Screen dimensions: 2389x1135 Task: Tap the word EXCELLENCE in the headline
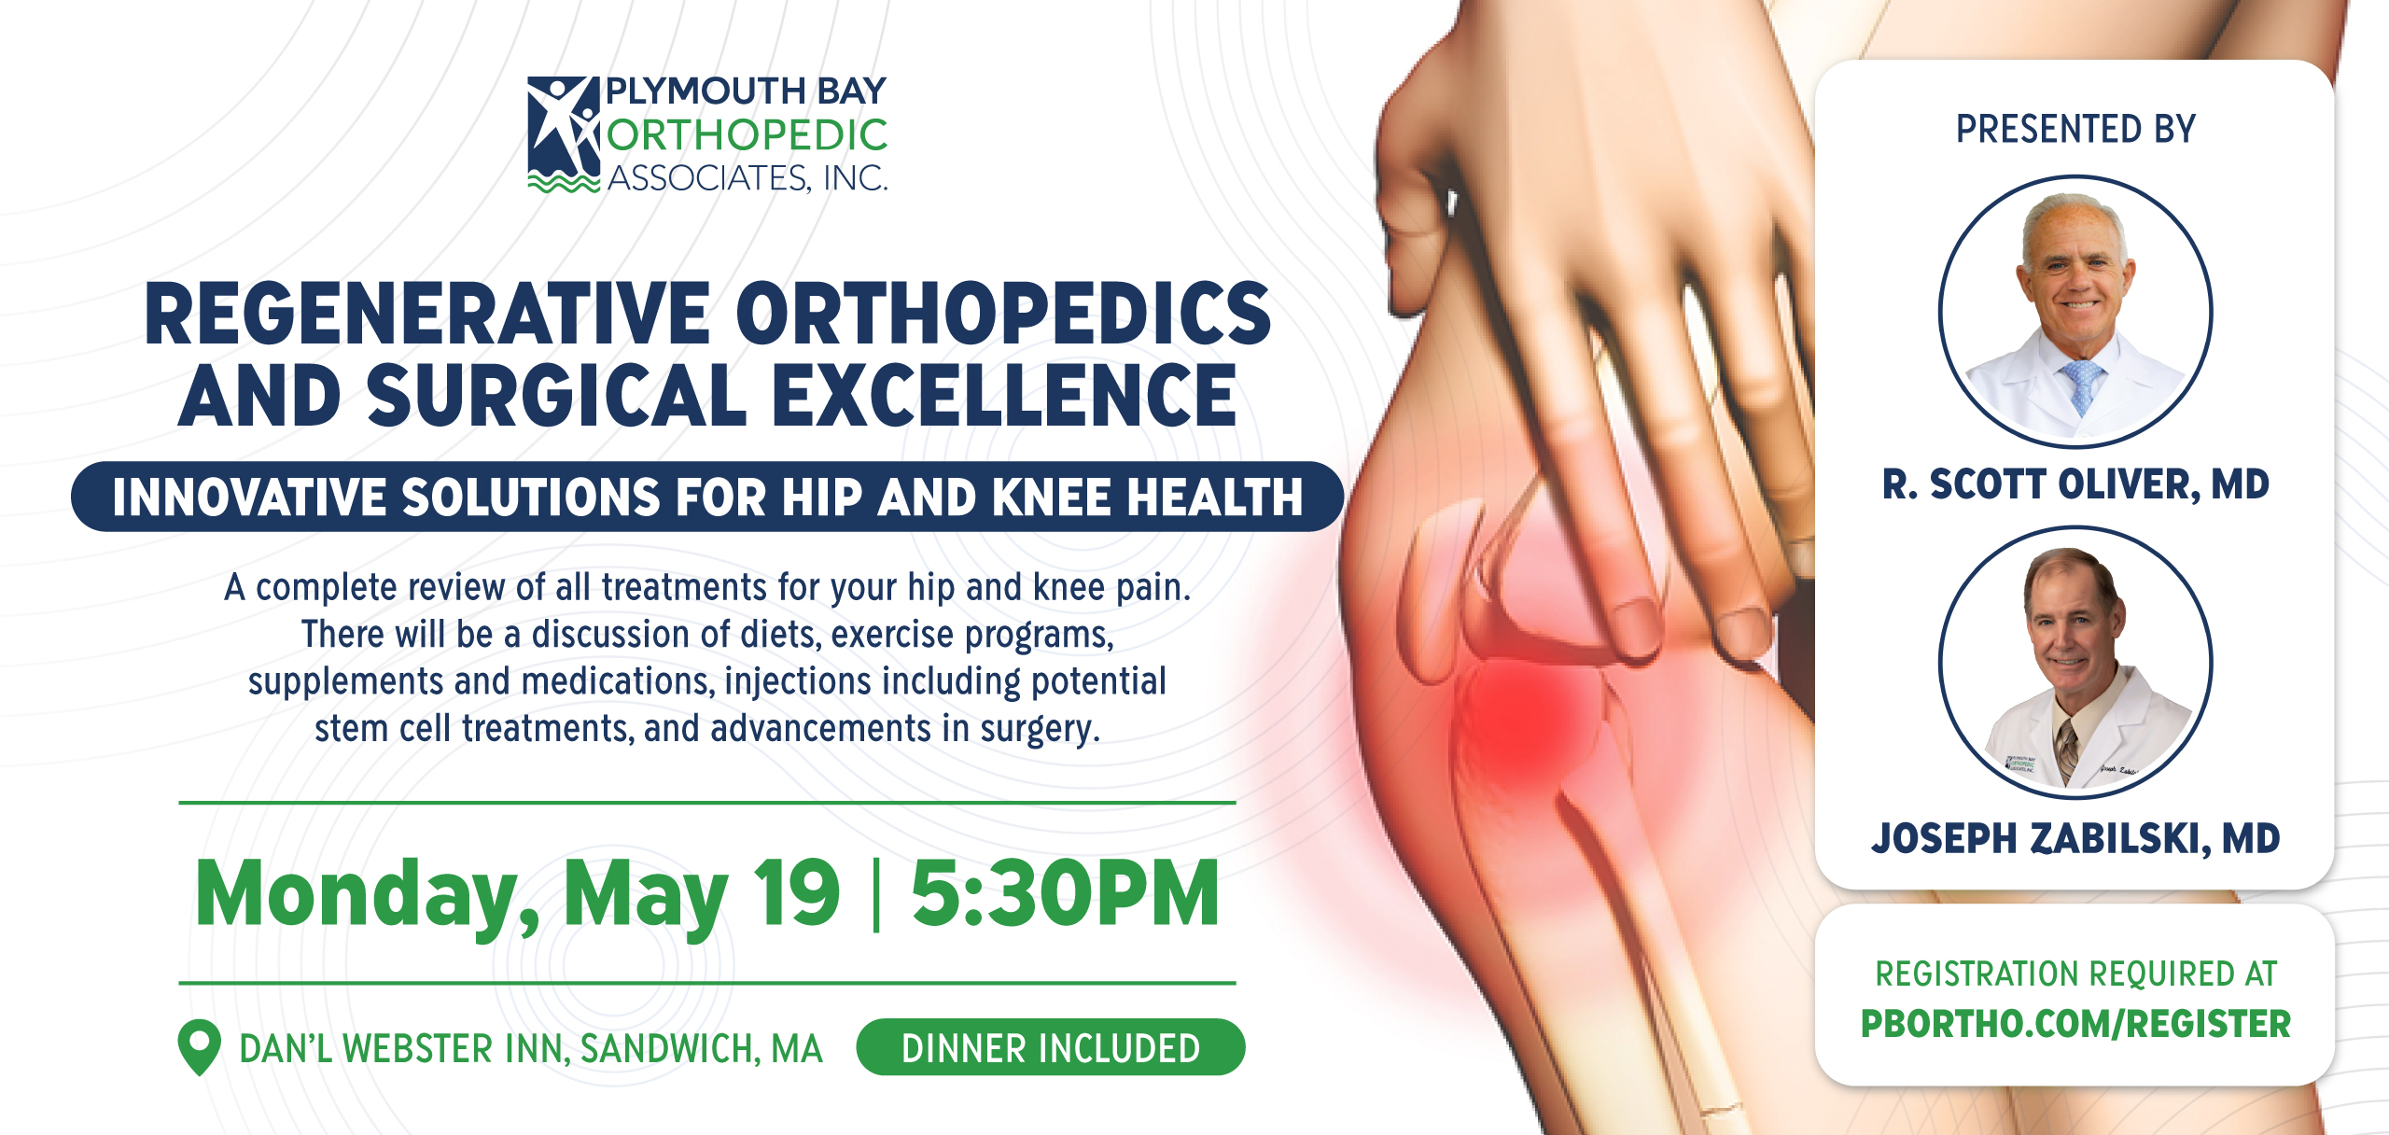tap(1004, 396)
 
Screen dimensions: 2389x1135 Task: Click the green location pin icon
tap(199, 1047)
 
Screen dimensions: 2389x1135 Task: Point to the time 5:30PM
tap(1065, 893)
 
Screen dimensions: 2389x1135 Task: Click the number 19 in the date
tap(796, 893)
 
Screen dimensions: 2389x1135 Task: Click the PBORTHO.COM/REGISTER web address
tap(2075, 1024)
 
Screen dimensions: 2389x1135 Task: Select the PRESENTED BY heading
tap(2075, 129)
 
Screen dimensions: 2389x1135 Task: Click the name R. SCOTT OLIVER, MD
tap(2075, 484)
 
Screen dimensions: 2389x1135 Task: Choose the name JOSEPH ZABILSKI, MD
tap(2075, 838)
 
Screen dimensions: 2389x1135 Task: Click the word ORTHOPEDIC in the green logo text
tap(747, 135)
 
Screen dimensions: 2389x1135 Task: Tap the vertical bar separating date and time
tap(875, 893)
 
